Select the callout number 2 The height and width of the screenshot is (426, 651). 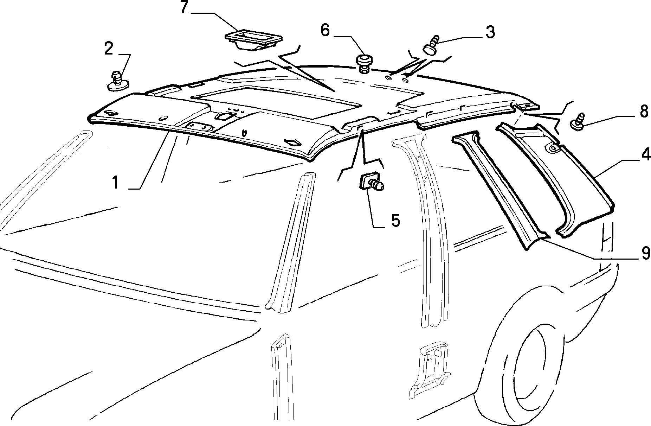pyautogui.click(x=109, y=48)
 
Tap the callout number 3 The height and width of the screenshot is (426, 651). pyautogui.click(x=490, y=32)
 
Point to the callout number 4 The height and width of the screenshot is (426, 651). pyautogui.click(x=645, y=155)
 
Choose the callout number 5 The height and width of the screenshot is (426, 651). pyautogui.click(x=395, y=220)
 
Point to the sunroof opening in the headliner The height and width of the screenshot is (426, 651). pyautogui.click(x=276, y=102)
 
